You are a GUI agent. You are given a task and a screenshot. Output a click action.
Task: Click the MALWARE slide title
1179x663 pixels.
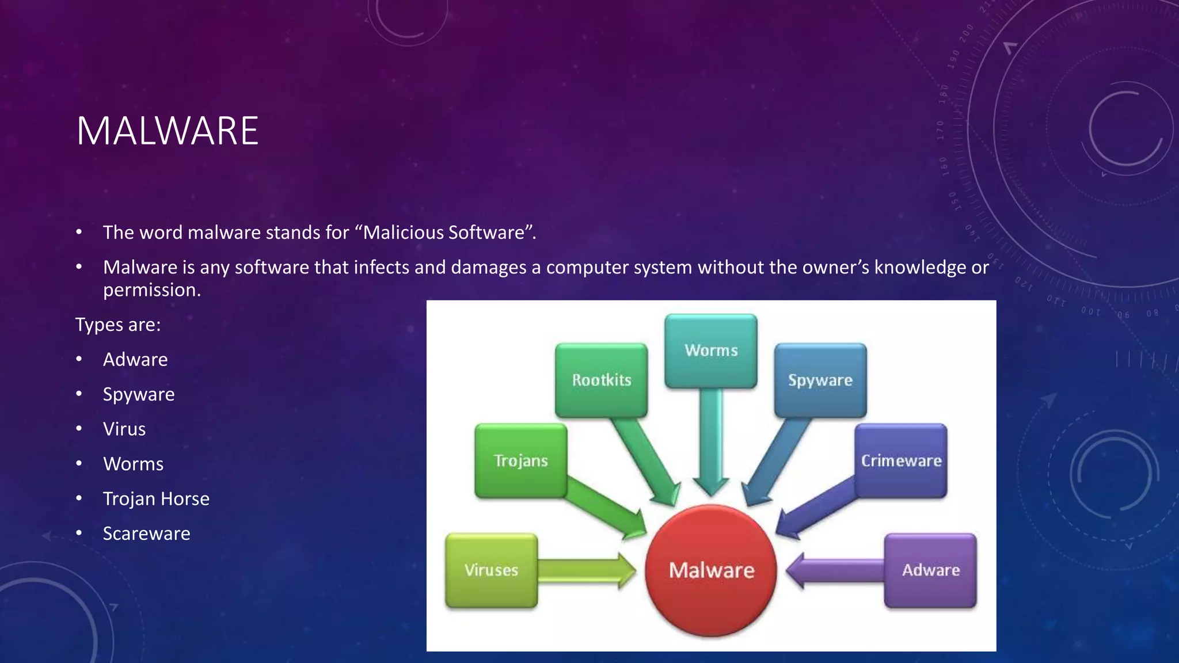168,131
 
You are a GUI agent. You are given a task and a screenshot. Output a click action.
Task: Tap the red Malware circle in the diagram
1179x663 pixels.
711,570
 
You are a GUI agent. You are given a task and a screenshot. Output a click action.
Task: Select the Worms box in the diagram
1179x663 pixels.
711,350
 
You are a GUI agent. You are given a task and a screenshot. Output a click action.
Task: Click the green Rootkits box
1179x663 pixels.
601,380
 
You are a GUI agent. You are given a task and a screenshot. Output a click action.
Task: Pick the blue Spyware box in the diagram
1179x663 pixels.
820,380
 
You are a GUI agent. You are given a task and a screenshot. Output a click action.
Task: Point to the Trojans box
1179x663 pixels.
520,460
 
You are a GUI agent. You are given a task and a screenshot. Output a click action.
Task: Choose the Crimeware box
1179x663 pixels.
901,460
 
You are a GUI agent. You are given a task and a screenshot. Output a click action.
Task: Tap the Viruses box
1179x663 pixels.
491,570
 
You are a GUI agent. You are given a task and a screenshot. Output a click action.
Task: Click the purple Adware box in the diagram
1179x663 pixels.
930,570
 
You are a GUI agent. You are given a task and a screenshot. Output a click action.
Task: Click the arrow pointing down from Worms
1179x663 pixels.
711,443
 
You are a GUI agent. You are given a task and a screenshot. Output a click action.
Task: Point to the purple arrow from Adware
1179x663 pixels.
835,570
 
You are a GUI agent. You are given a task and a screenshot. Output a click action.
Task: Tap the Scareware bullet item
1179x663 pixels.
146,534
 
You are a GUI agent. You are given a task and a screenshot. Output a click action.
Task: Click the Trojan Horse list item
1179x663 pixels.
156,498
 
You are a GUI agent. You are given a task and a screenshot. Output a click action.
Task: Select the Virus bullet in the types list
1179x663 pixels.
124,429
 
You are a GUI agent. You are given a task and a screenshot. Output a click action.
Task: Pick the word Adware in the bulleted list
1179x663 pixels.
135,360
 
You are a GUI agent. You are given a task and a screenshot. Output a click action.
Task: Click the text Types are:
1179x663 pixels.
118,325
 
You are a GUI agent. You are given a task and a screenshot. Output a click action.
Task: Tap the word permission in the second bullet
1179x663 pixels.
151,290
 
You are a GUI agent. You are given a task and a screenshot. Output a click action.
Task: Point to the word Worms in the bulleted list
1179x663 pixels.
133,464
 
